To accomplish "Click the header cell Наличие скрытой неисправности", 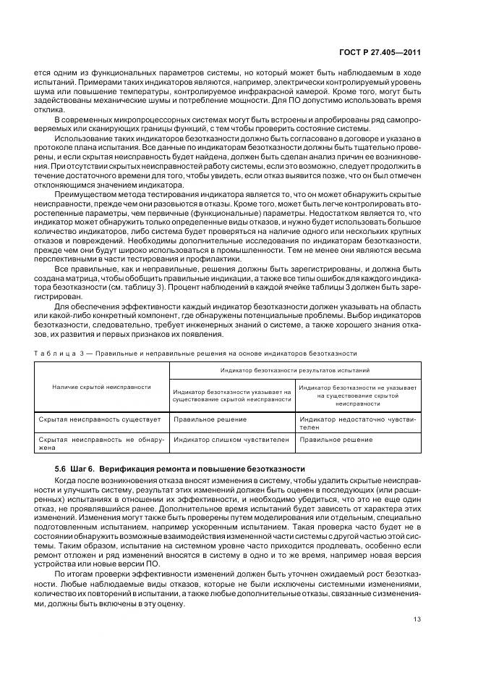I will pos(101,387).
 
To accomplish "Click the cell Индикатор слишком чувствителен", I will pos(231,440).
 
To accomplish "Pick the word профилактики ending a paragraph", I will pos(232,259).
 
